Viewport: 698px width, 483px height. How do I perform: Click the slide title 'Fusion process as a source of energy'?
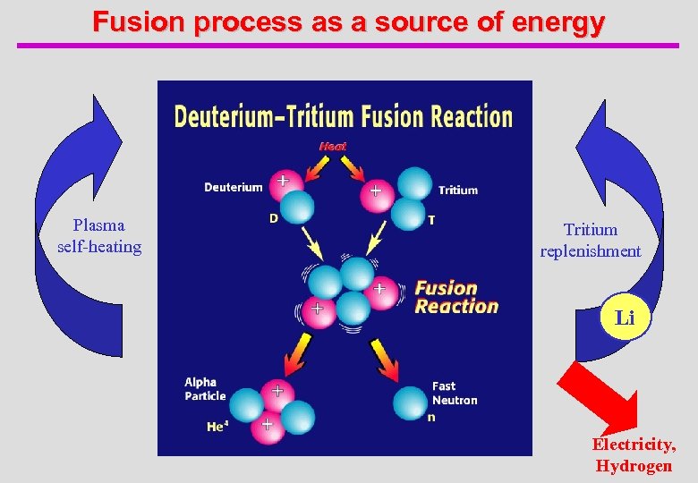[348, 21]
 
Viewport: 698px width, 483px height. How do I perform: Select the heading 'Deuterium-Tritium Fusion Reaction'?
[343, 117]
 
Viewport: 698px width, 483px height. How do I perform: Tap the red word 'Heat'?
[333, 146]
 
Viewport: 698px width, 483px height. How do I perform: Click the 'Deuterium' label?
[234, 187]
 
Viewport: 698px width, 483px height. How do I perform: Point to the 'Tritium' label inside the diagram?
[458, 190]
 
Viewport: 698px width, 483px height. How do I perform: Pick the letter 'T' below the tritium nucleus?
[432, 219]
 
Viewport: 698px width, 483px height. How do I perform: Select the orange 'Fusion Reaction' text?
[456, 297]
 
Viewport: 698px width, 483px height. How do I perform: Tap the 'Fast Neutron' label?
[455, 394]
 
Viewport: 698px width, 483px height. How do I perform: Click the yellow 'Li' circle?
[625, 318]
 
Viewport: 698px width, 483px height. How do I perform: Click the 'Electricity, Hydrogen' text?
[634, 455]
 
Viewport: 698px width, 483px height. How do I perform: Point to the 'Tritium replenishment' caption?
[591, 241]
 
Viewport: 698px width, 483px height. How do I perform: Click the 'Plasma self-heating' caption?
[99, 236]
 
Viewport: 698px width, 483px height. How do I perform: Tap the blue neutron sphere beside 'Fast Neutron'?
[411, 402]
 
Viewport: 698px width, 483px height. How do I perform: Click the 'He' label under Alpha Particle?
[217, 428]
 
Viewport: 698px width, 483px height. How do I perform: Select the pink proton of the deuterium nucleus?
[283, 182]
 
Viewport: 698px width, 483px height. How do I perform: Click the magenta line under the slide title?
[348, 45]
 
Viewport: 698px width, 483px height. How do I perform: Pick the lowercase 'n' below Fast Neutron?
[431, 418]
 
